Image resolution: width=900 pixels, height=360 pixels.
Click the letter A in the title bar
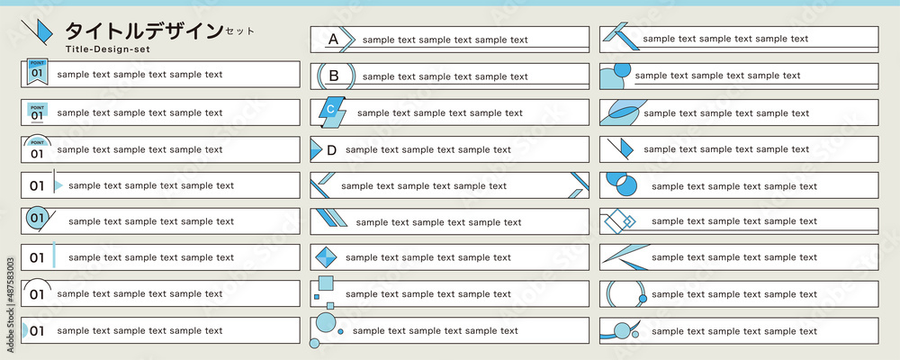(334, 40)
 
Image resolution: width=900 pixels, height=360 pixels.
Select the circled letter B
(334, 76)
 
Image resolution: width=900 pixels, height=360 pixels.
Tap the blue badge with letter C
(332, 112)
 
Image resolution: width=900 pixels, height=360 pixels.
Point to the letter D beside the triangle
(331, 150)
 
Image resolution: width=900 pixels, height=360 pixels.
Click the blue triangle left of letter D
(316, 149)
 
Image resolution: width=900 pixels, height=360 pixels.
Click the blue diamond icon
(327, 257)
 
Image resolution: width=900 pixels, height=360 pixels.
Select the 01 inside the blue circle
(37, 218)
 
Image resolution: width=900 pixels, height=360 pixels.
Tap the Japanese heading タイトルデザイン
(143, 31)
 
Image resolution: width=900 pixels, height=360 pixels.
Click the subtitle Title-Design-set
(108, 49)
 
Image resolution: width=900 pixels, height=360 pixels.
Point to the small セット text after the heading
(239, 31)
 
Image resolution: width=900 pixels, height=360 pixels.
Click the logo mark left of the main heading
(37, 32)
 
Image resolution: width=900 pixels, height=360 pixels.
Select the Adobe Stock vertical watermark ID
(10, 304)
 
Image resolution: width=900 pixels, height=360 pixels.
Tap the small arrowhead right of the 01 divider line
(58, 185)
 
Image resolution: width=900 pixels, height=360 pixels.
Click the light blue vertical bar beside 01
(54, 255)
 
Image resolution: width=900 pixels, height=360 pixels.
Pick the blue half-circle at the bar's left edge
(24, 330)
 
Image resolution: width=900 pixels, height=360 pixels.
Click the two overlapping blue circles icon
(622, 183)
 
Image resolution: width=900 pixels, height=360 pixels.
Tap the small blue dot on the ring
(643, 299)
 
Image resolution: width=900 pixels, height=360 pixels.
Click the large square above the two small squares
(326, 283)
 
